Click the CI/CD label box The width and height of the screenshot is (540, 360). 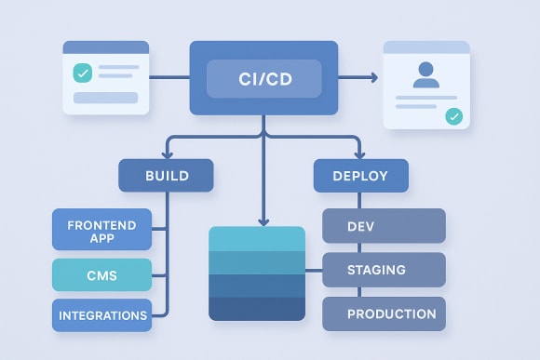[x=263, y=78]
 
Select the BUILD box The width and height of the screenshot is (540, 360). [x=166, y=175]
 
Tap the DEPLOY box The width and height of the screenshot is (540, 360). [x=360, y=175]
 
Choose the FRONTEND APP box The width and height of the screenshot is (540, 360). [x=101, y=231]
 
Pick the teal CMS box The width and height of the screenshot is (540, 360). [x=101, y=274]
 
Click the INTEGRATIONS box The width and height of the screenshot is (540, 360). [x=101, y=315]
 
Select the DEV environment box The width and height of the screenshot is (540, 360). [x=384, y=226]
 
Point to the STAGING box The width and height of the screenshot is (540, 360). [x=384, y=270]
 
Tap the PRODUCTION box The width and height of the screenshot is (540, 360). [x=384, y=314]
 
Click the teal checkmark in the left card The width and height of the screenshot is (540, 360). [x=81, y=73]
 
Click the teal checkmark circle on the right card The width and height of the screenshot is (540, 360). [x=453, y=116]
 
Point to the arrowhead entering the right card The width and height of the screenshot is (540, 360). [x=374, y=78]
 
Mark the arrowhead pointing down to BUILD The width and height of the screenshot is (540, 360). [x=166, y=153]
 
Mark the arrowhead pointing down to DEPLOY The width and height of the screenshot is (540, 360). [x=360, y=153]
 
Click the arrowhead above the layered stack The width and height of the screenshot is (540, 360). [x=263, y=220]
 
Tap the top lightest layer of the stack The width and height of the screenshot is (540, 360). [x=257, y=238]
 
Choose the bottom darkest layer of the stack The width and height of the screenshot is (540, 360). [x=257, y=309]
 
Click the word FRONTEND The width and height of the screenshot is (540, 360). [x=101, y=224]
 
